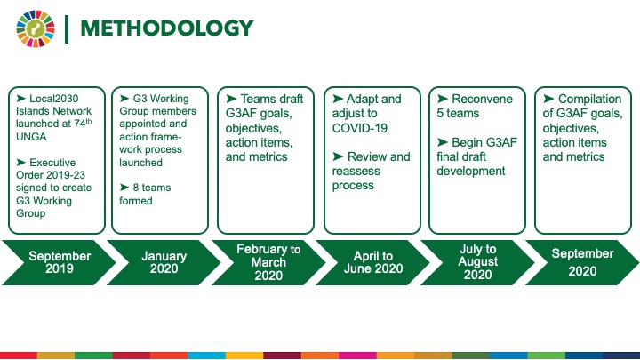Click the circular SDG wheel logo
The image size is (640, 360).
(x=36, y=28)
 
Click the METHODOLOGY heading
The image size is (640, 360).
(x=167, y=28)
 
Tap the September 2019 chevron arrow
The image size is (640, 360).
(x=60, y=262)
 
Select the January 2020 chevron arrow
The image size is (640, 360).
(x=164, y=262)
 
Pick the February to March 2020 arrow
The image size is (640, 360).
(x=268, y=262)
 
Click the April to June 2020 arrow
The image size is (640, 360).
(x=373, y=262)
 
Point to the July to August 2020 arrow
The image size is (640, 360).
(x=477, y=262)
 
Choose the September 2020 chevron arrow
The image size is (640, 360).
(x=582, y=262)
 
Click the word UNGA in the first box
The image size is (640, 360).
(x=31, y=136)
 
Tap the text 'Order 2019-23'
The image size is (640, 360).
(x=51, y=175)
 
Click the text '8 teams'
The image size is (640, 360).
(x=152, y=188)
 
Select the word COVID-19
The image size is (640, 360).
(x=360, y=128)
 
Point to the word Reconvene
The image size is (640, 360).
(x=482, y=100)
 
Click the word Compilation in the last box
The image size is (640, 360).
(x=590, y=100)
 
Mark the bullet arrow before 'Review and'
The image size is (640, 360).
(x=338, y=156)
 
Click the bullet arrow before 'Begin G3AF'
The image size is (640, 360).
(x=443, y=141)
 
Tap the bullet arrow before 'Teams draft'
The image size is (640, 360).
(x=231, y=99)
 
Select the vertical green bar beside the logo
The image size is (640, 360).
(x=67, y=29)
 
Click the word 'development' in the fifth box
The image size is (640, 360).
(x=471, y=171)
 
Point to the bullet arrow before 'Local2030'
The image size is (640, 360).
(x=21, y=98)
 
